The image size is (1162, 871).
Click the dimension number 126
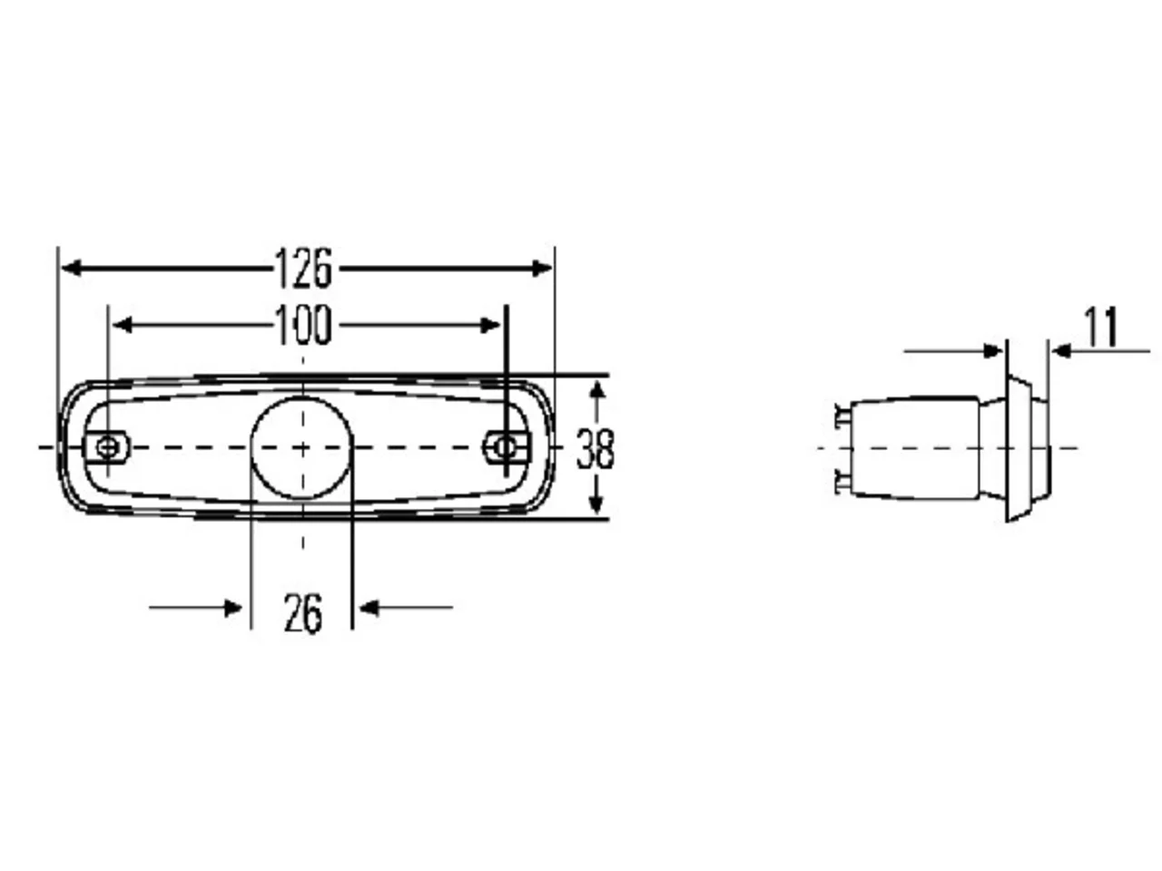303,269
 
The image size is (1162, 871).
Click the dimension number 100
303,325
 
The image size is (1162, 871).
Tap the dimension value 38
595,449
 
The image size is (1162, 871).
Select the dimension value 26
303,613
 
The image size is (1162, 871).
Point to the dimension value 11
1101,328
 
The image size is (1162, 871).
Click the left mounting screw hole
106,448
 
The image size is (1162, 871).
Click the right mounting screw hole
505,447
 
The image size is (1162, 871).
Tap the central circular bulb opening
301,447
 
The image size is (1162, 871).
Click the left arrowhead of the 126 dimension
72,269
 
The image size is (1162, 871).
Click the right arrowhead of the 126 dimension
542,269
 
